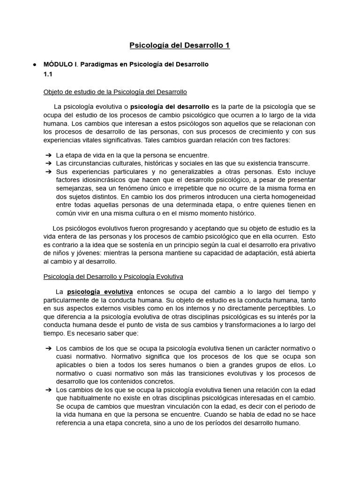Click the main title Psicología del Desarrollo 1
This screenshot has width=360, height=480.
(180, 45)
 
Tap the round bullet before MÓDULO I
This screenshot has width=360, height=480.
(35, 64)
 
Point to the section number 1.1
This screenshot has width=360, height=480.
(48, 75)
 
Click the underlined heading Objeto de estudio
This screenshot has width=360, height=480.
(115, 91)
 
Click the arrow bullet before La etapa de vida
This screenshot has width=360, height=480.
(48, 155)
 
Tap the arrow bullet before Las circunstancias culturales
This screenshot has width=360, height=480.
(48, 163)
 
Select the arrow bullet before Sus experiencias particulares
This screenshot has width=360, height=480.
(48, 172)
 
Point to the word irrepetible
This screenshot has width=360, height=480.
(172, 188)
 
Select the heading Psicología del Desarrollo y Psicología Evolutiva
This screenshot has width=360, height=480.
(113, 277)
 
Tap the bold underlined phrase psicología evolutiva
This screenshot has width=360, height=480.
(100, 292)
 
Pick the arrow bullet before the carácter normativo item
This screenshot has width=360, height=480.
(48, 348)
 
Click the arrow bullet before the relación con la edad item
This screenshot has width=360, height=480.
(48, 390)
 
